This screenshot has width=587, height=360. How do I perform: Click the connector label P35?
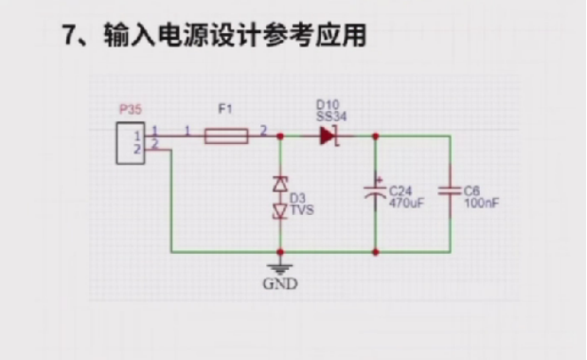click(130, 110)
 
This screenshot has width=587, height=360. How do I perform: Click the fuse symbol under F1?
click(226, 135)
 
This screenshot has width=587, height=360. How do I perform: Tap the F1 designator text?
click(224, 110)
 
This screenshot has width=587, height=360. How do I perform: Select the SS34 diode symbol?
click(328, 135)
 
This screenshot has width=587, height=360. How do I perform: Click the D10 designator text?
click(327, 104)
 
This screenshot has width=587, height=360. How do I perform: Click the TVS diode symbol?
click(280, 197)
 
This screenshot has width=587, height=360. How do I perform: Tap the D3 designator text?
click(297, 199)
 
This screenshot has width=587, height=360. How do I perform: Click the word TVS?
click(300, 210)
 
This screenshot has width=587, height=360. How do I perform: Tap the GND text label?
click(280, 282)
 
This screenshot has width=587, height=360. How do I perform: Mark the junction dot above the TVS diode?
click(280, 135)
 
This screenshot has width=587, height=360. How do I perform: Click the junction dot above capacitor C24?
click(376, 135)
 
